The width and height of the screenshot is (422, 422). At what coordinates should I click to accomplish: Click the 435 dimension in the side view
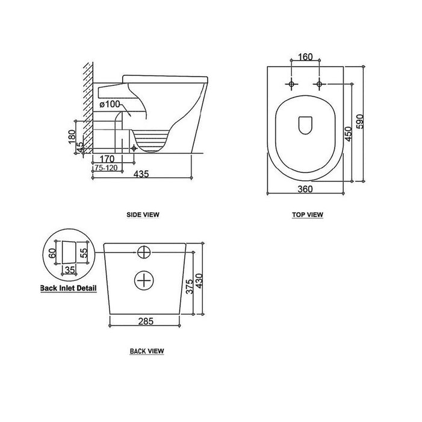point(141,174)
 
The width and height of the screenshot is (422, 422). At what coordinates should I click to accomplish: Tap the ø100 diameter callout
point(110,104)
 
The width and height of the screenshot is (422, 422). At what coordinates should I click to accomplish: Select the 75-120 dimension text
point(106,168)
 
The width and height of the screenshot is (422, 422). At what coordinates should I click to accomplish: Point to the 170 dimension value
point(107,159)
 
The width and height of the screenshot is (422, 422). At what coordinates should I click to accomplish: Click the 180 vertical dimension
point(72,137)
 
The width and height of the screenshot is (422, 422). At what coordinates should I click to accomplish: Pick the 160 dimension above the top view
point(305,57)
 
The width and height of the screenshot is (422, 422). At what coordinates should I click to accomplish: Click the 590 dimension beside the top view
point(360,122)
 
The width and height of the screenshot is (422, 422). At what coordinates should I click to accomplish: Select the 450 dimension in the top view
point(349,134)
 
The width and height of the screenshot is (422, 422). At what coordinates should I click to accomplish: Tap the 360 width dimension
point(305,189)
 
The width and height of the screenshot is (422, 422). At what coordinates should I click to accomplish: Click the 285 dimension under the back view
point(146,321)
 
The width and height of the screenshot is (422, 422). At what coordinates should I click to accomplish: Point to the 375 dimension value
point(190,286)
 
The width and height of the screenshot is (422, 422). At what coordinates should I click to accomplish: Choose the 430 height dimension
point(199,281)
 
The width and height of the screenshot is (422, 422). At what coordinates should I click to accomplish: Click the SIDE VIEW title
point(143,215)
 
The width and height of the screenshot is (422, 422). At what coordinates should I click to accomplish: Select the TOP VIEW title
point(308,215)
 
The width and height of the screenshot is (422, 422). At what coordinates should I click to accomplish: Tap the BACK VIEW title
point(147,351)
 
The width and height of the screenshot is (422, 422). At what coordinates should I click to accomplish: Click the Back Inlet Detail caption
point(69,288)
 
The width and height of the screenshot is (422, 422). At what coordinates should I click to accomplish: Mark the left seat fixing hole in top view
point(291,84)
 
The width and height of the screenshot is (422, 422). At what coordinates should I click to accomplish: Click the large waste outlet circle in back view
point(144,280)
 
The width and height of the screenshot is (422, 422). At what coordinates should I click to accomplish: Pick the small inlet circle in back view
point(144,252)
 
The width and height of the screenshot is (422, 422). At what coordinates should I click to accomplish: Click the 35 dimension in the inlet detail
point(70,269)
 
